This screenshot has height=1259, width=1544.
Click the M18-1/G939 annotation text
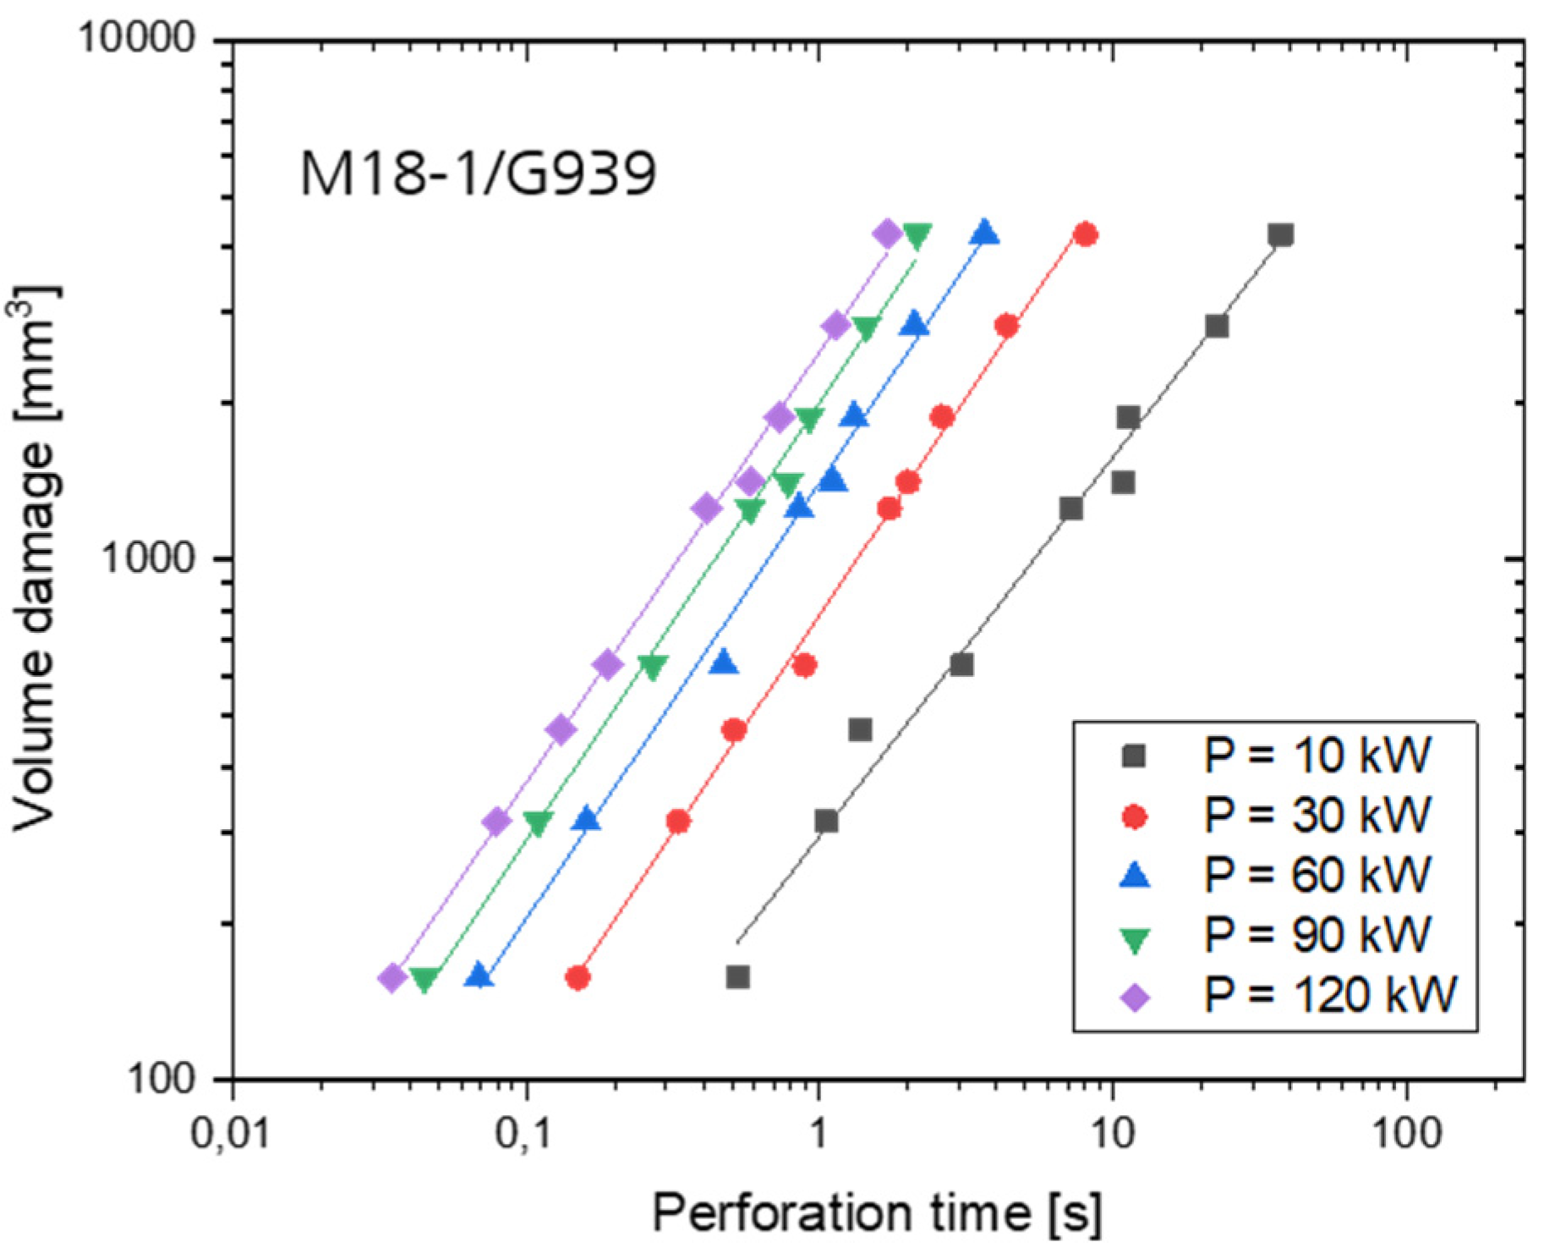tap(478, 173)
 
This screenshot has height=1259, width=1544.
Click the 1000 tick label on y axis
tap(149, 558)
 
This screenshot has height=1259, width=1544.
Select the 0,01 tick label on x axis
tap(231, 1132)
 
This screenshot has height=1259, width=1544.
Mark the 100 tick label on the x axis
tap(1406, 1132)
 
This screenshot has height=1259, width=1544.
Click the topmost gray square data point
tap(1281, 234)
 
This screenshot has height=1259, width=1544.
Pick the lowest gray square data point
tap(737, 977)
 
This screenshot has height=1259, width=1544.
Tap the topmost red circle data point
tap(1086, 234)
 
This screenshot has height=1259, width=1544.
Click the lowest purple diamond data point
tap(391, 977)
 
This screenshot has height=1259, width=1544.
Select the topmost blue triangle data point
tap(985, 233)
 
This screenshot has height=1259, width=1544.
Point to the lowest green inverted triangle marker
tap(424, 979)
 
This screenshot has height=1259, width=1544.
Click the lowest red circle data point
tap(578, 978)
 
